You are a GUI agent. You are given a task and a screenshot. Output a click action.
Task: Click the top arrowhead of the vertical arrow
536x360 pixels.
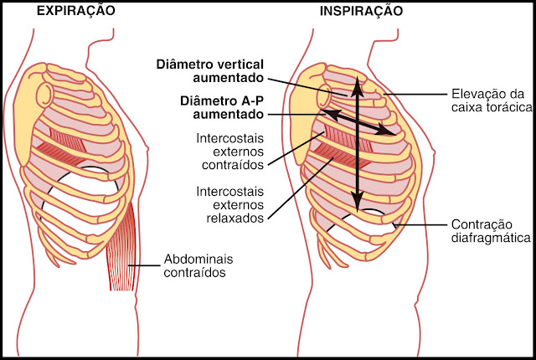coord(358,84)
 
